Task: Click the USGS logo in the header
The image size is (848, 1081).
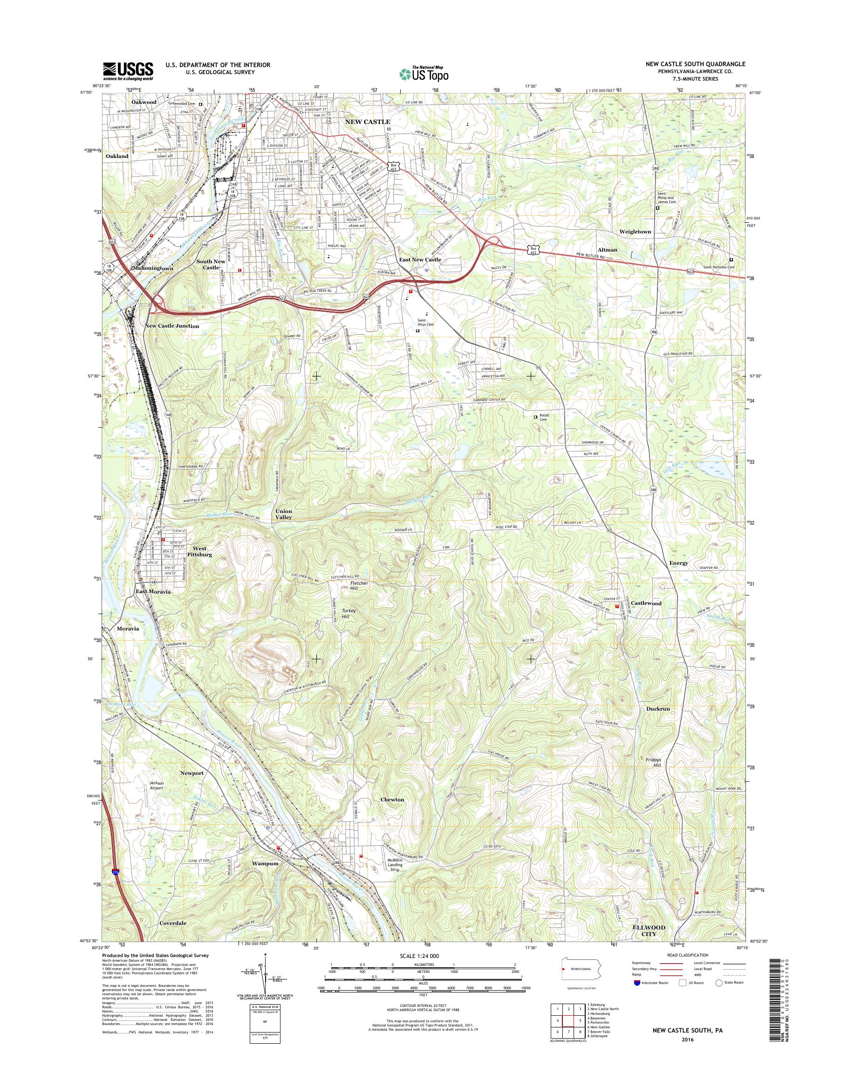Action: pos(128,71)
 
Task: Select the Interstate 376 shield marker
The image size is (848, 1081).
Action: pos(115,871)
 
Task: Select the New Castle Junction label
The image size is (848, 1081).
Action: pos(172,326)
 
